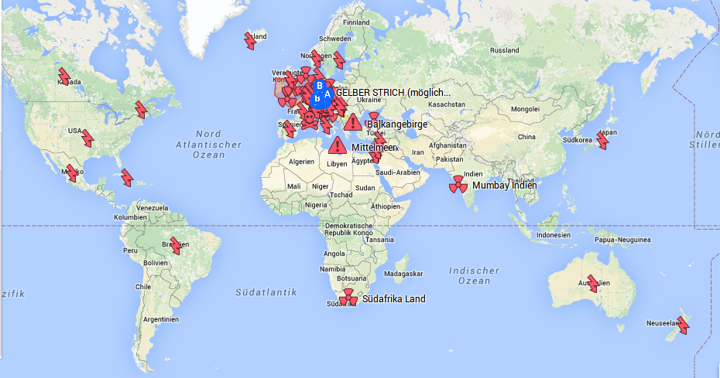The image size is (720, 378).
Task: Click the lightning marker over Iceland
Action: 251,40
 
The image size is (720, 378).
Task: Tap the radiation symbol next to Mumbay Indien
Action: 458,185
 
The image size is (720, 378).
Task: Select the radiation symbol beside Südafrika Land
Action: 348,298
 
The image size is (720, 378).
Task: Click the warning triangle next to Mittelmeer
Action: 337,145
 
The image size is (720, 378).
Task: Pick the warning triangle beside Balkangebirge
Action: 353,122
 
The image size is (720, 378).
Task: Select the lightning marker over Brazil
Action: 176,246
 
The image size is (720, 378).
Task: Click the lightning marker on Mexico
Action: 73,172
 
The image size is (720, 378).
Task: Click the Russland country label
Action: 505,50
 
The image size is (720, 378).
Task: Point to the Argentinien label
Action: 160,319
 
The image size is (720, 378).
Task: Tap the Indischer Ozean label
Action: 474,275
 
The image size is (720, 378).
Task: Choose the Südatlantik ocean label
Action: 266,292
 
